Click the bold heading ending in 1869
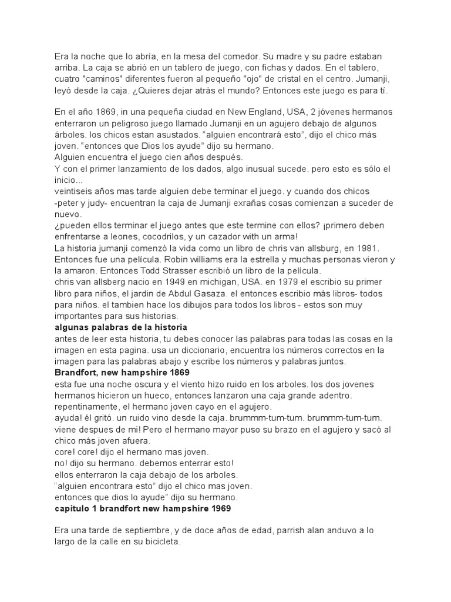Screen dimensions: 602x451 [x=122, y=372]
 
